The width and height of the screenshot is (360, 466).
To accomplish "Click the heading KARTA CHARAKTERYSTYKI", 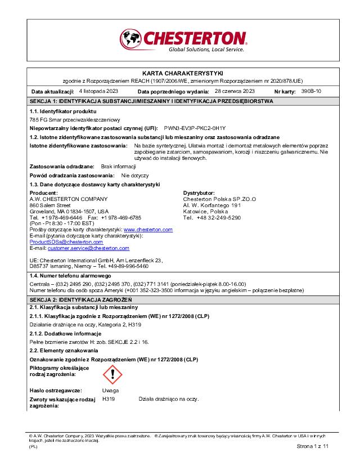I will pos(183,74).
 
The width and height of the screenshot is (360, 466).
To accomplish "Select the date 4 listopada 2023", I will pos(98,91).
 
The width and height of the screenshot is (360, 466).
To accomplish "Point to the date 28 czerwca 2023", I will pos(235,91).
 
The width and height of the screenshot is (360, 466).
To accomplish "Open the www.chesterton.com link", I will pos(148,230).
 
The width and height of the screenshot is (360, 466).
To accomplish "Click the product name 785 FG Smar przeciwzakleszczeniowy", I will pos(75,120).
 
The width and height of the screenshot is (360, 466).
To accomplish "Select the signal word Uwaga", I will pos(110,390).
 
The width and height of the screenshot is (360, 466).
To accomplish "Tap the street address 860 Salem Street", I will pos(49,205).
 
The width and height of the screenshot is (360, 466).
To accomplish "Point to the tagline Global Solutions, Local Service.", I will pos(206,50).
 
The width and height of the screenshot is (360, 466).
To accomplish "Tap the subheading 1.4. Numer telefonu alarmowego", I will pos(70,276).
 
